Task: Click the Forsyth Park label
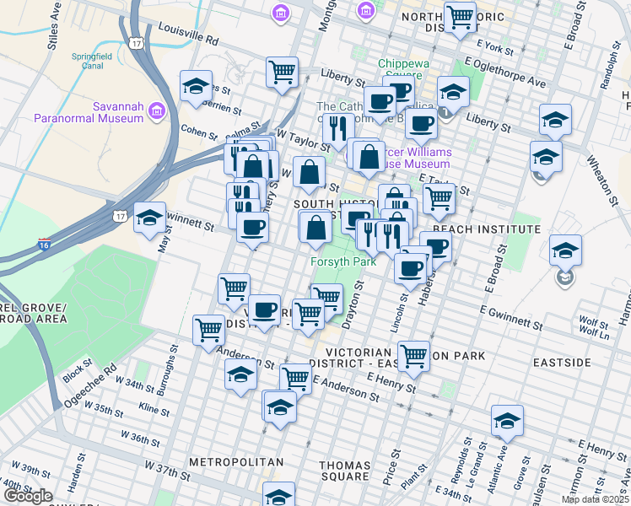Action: [x=342, y=261]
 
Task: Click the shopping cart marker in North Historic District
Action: [x=460, y=17]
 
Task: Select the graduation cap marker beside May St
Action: [x=149, y=219]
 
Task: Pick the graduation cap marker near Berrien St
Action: [x=196, y=86]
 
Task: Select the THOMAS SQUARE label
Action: [x=345, y=471]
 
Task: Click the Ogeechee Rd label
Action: [x=87, y=384]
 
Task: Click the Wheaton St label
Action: [x=605, y=180]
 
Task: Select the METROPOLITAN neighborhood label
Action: [x=235, y=462]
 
